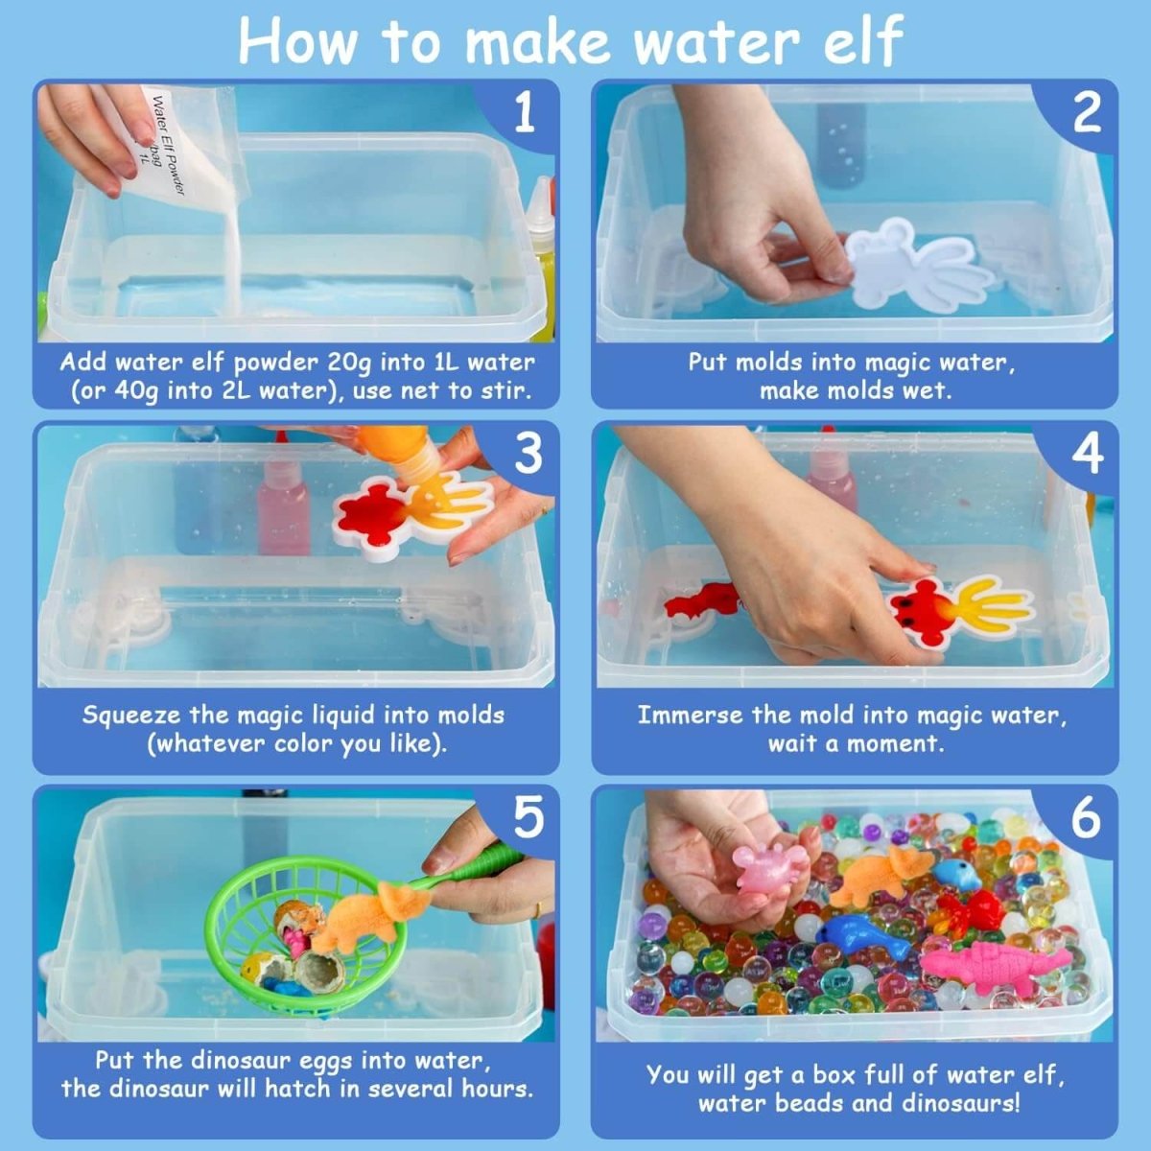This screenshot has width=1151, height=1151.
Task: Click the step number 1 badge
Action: pos(524,114)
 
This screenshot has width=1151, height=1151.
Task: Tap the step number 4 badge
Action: pos(1086,454)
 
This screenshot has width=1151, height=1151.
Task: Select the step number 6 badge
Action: pos(1085,818)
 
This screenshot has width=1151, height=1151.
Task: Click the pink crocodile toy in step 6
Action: pos(993,964)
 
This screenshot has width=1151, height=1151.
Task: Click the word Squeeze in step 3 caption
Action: pos(131,716)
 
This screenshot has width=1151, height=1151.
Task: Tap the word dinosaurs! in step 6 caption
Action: pos(959,1102)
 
